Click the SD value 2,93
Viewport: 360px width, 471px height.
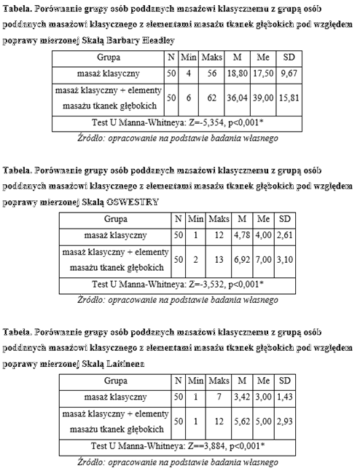pyautogui.click(x=285, y=421)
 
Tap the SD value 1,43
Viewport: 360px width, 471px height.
pyautogui.click(x=285, y=397)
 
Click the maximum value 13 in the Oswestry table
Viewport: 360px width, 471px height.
pyautogui.click(x=218, y=259)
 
